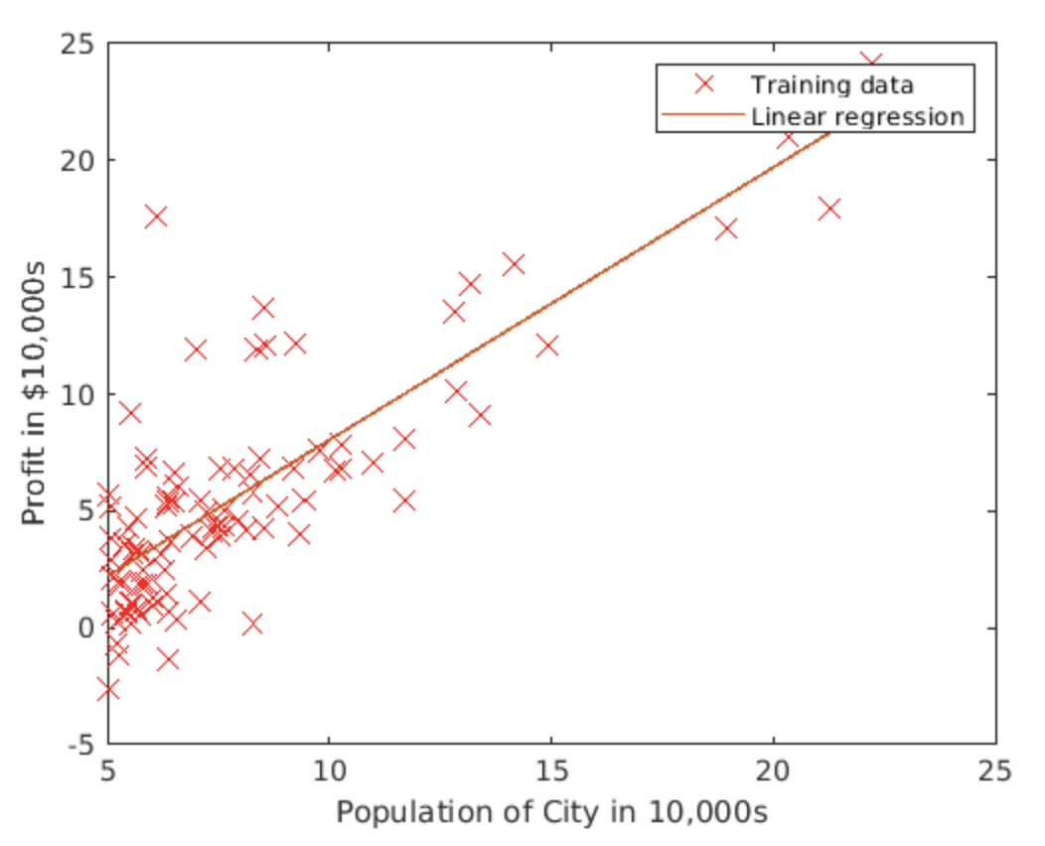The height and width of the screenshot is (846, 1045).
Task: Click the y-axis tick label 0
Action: coord(85,628)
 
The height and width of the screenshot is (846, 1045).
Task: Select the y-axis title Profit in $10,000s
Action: coord(35,394)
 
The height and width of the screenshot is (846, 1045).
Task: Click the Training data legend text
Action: coord(831,84)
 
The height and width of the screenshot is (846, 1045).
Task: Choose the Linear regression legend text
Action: coord(857,116)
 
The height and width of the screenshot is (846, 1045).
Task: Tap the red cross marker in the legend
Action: coord(703,84)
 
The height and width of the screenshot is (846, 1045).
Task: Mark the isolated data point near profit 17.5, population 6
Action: coord(156,217)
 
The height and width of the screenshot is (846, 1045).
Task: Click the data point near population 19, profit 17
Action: coord(726,228)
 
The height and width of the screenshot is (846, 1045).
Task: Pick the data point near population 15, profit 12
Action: coord(547,346)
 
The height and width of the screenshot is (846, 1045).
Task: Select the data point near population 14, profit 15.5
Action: coord(514,264)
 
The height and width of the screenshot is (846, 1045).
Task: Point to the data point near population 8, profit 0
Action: coord(252,624)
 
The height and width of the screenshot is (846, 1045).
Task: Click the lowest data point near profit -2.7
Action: coord(108,689)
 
